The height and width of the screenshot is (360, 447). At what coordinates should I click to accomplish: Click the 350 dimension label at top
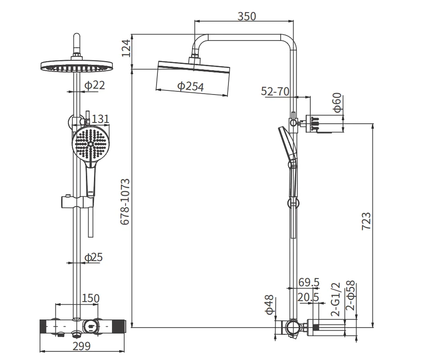(247, 16)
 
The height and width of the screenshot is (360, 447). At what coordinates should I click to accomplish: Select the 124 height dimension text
(126, 48)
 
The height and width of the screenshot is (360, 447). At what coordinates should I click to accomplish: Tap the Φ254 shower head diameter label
(190, 86)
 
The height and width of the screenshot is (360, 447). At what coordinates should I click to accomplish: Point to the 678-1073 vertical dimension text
(125, 202)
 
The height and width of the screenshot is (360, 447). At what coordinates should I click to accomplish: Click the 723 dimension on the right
(367, 221)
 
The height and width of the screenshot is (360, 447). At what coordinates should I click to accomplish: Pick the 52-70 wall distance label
(275, 91)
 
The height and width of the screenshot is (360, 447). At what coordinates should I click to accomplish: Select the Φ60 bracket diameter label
(337, 103)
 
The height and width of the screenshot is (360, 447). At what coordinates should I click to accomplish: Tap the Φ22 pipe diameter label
(94, 85)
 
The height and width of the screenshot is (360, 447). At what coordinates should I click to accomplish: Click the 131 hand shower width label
(100, 119)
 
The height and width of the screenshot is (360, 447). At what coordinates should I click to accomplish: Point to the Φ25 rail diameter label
(94, 257)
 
